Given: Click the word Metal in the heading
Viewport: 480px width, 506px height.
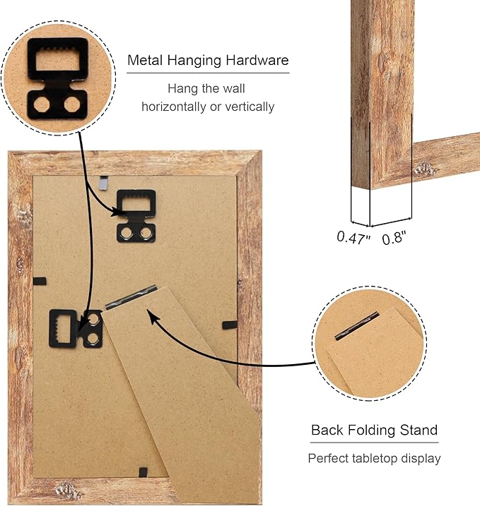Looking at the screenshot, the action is [x=145, y=61].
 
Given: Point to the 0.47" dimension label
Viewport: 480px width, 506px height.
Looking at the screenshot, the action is [x=353, y=238].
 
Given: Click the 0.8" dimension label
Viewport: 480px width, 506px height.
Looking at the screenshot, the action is [x=394, y=238].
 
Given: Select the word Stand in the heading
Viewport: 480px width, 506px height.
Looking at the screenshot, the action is [x=418, y=430].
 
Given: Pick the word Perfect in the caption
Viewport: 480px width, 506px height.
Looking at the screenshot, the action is [x=328, y=458].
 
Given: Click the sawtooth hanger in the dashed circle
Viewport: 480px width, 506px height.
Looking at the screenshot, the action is [x=57, y=78].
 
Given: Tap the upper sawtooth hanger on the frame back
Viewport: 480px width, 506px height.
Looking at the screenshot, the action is [x=136, y=216].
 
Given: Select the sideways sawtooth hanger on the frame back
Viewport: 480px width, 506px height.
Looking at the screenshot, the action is [x=76, y=329].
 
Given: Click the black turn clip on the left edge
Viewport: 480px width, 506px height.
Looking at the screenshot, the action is [x=40, y=281].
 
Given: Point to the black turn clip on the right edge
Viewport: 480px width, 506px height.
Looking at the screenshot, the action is [x=230, y=325].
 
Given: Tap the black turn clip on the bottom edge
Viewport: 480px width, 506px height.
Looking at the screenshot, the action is [x=143, y=472].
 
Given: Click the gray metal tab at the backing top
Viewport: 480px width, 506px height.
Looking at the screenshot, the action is [x=103, y=183].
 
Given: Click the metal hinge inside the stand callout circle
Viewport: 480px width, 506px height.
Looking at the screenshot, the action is [x=356, y=325].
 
